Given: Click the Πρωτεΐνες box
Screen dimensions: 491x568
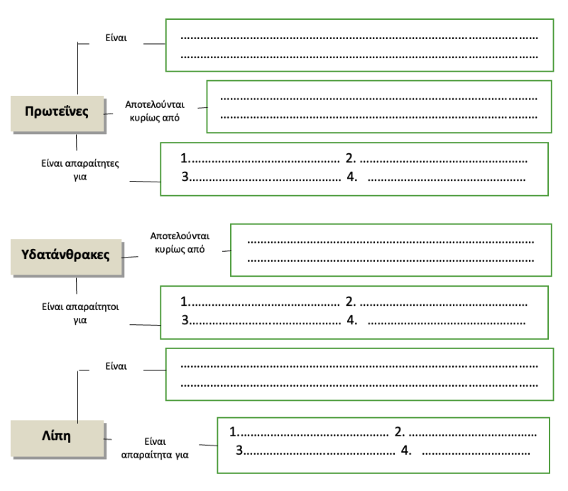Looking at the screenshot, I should tap(56, 112).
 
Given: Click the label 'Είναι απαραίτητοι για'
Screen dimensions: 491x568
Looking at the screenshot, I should tap(80, 313).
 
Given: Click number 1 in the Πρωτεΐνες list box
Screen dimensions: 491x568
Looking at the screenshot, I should tap(185, 158).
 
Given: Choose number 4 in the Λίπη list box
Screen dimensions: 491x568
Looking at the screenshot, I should tap(405, 450).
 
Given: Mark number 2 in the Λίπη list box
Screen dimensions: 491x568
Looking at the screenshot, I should tap(399, 431).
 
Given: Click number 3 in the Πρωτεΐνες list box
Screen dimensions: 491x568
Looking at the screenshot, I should tap(185, 177).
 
